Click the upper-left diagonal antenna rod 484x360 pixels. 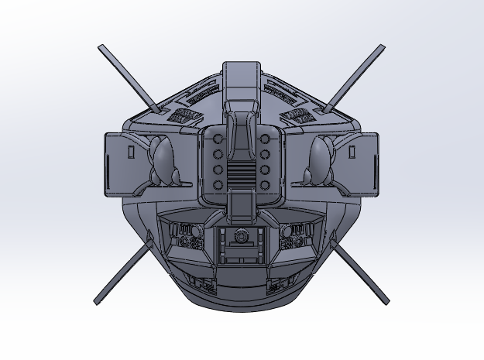[x=129, y=77]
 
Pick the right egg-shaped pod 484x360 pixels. [x=319, y=161]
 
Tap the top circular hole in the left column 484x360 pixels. [x=218, y=139]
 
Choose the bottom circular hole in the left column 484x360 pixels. [x=218, y=183]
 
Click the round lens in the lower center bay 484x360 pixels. [x=242, y=237]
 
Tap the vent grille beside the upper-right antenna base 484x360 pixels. [x=298, y=116]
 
